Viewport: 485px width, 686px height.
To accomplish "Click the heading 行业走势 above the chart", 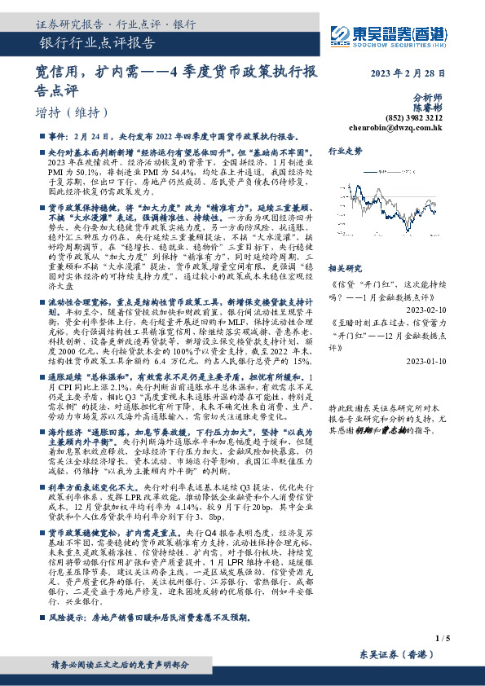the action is point(345,152).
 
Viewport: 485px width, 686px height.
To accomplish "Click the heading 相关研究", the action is point(345,268).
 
